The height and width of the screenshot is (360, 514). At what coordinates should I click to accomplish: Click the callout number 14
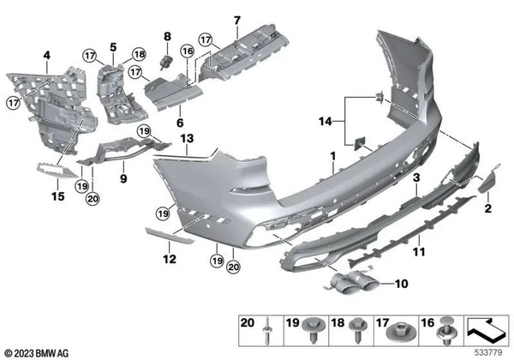click(x=326, y=122)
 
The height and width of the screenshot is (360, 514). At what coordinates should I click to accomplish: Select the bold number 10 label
click(x=401, y=284)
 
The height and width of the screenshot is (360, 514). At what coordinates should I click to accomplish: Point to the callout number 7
click(x=237, y=21)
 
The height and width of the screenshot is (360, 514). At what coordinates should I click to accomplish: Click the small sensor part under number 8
click(x=166, y=62)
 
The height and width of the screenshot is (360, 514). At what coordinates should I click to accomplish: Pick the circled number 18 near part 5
click(x=139, y=54)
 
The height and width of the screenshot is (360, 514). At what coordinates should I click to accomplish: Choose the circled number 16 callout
click(x=188, y=51)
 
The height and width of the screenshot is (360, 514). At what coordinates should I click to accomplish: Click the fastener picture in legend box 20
click(x=267, y=331)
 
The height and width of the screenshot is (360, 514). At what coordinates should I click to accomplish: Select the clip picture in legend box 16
click(x=445, y=331)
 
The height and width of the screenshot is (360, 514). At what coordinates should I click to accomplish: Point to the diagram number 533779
click(x=488, y=353)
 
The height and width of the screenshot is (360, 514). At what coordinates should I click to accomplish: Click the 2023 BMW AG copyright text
click(x=37, y=353)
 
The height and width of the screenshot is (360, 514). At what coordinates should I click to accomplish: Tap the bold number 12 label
click(x=170, y=259)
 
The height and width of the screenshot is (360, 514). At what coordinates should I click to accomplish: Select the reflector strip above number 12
click(x=170, y=236)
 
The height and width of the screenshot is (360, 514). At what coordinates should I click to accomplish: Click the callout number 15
click(x=57, y=196)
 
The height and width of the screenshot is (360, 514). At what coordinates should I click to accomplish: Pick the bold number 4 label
click(x=47, y=56)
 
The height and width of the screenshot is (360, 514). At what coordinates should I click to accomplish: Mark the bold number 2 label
click(x=488, y=208)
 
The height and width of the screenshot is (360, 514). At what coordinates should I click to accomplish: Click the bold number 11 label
click(x=419, y=252)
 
